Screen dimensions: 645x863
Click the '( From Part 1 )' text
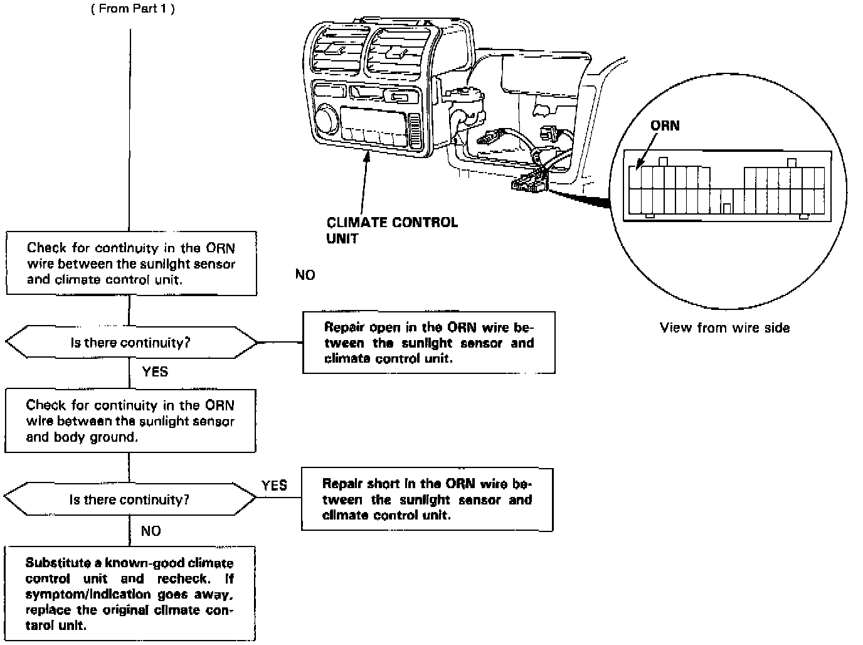pyautogui.click(x=133, y=9)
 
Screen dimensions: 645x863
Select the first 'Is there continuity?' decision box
pyautogui.click(x=131, y=343)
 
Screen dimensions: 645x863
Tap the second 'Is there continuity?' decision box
pyautogui.click(x=130, y=499)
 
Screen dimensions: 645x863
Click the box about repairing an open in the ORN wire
pyautogui.click(x=429, y=343)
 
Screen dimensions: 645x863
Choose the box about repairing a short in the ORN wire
pyautogui.click(x=427, y=499)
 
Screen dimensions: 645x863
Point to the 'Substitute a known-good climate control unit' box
pyautogui.click(x=130, y=594)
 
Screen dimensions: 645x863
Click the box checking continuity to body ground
pyautogui.click(x=130, y=420)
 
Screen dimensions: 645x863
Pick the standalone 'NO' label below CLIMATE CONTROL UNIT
pyautogui.click(x=305, y=275)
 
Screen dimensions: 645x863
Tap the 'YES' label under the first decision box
pyautogui.click(x=155, y=371)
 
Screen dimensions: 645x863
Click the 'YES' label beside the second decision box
pyautogui.click(x=274, y=485)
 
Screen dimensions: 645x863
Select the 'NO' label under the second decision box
pyautogui.click(x=151, y=531)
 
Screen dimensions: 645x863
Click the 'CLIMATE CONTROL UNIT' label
pyautogui.click(x=392, y=230)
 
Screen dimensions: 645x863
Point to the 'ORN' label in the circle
pyautogui.click(x=665, y=125)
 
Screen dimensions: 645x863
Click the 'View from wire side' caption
pyautogui.click(x=724, y=328)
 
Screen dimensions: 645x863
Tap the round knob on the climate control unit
pyautogui.click(x=326, y=119)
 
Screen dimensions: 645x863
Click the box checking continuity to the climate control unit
pyautogui.click(x=131, y=264)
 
